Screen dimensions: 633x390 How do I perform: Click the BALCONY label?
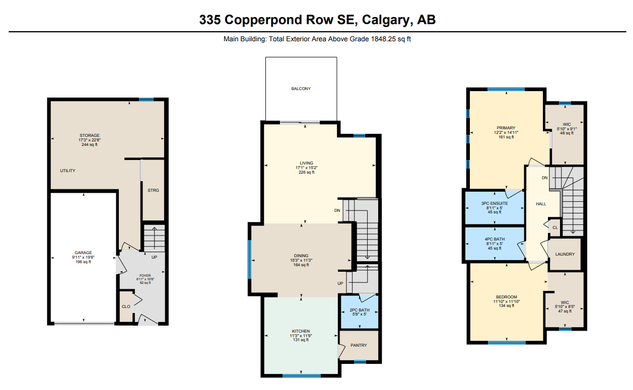coord(301,89)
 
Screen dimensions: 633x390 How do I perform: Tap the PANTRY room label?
coord(359,345)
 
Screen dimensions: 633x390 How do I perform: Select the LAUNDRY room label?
coord(565,254)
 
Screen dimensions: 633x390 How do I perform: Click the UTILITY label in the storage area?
coord(68,171)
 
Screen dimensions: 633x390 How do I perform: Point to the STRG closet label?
coord(153,190)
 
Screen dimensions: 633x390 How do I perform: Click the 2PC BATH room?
coord(359,313)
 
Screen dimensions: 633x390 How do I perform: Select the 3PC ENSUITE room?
coord(495,208)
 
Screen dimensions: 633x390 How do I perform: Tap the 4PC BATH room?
coord(495,244)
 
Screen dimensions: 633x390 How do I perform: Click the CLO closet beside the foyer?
coord(126,306)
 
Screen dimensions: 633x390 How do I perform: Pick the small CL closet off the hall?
coord(555,227)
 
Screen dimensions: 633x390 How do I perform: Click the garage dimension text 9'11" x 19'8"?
coord(83,257)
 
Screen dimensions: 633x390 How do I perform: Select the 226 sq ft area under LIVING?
coord(306,172)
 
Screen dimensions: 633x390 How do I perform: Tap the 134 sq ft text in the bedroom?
coord(507,305)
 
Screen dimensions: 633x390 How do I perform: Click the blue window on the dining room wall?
coord(249,259)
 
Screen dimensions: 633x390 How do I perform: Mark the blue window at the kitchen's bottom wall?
coord(302,375)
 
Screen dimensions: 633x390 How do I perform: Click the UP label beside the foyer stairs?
coord(154,257)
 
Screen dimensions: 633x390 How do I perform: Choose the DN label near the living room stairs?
coord(337,210)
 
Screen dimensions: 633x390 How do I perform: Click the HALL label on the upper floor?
coord(541,204)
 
